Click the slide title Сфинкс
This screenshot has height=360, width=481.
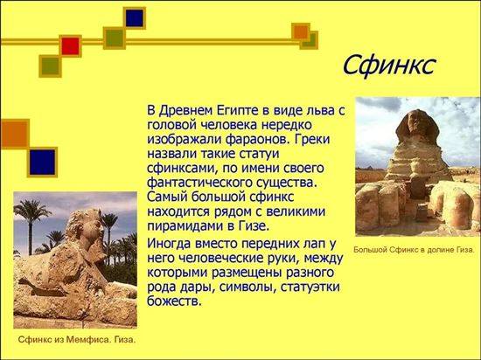coord(388,66)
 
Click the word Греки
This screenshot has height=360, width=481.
coord(312,140)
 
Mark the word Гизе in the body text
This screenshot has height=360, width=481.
coord(254,226)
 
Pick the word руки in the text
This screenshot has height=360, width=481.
coord(282,260)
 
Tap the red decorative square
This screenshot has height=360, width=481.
coord(71,46)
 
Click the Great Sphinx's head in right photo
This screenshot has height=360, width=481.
coord(417,126)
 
